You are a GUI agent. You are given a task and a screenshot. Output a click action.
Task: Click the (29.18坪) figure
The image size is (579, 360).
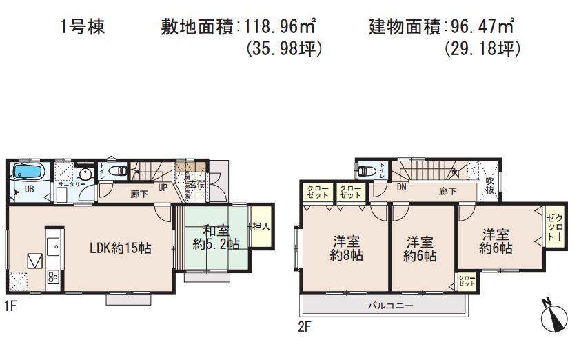point(482,50)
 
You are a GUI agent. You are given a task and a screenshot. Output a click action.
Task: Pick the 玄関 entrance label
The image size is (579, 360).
point(196,184)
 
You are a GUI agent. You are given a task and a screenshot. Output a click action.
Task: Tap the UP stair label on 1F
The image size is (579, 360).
point(163,188)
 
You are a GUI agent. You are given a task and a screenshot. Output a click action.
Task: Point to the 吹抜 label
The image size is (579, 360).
point(490,185)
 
